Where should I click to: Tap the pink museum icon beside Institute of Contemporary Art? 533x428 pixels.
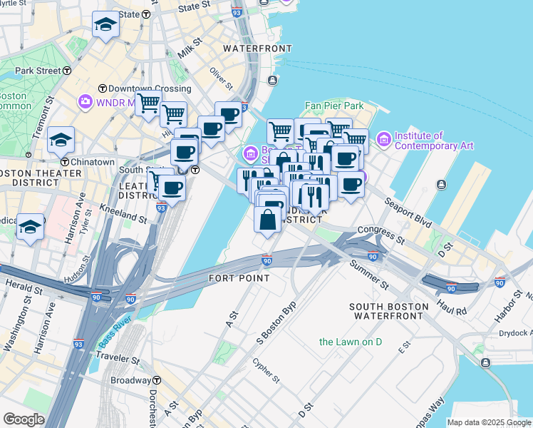(384, 138)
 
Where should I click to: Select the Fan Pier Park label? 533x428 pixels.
(334, 106)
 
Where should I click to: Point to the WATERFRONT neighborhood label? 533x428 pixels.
(257, 49)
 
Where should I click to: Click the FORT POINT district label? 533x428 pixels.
(239, 277)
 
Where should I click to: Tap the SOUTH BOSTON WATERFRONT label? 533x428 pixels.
(389, 311)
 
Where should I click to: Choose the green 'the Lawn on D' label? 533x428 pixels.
(351, 342)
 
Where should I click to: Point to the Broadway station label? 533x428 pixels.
(130, 380)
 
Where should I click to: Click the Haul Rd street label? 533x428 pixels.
(452, 311)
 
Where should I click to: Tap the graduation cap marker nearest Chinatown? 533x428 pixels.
(61, 140)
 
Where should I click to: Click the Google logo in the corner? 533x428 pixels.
(24, 419)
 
